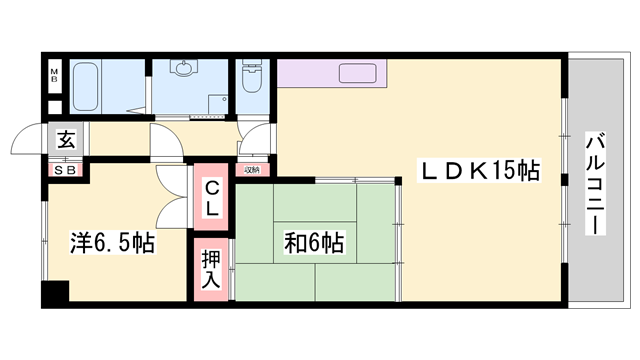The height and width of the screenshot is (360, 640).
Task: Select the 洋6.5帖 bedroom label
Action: click(112, 242)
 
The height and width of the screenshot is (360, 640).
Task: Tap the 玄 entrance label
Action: click(65, 140)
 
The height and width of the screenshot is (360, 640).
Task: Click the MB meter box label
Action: click(56, 76)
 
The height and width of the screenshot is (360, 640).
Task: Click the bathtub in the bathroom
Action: click(98, 88)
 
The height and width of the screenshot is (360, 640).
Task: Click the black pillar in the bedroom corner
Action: click(54, 295)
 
